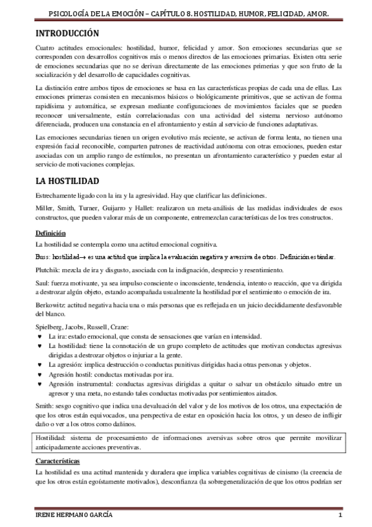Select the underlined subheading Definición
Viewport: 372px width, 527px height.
click(x=50, y=233)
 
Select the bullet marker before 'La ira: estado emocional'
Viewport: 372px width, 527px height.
click(x=40, y=336)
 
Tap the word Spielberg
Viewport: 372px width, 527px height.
click(x=49, y=327)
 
